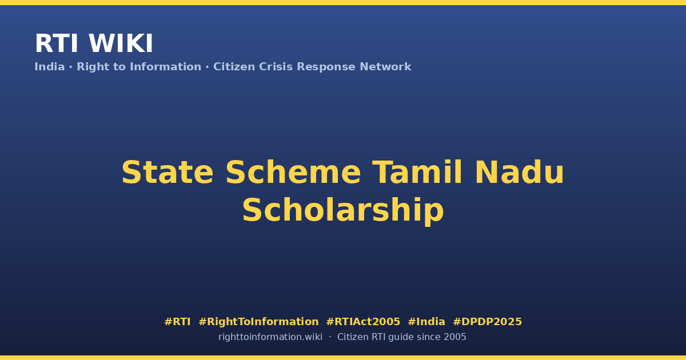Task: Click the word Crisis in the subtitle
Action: click(276, 67)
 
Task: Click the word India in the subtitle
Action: click(50, 67)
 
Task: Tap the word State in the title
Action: click(167, 173)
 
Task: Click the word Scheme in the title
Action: click(293, 173)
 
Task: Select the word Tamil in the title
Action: click(417, 173)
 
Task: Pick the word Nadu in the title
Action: click(519, 173)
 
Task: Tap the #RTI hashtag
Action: click(177, 322)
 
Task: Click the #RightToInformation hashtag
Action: click(258, 322)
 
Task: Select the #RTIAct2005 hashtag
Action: click(363, 322)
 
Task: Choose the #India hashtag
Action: click(426, 322)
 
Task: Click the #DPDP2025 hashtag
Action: click(487, 322)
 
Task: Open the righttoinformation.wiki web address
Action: click(270, 337)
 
